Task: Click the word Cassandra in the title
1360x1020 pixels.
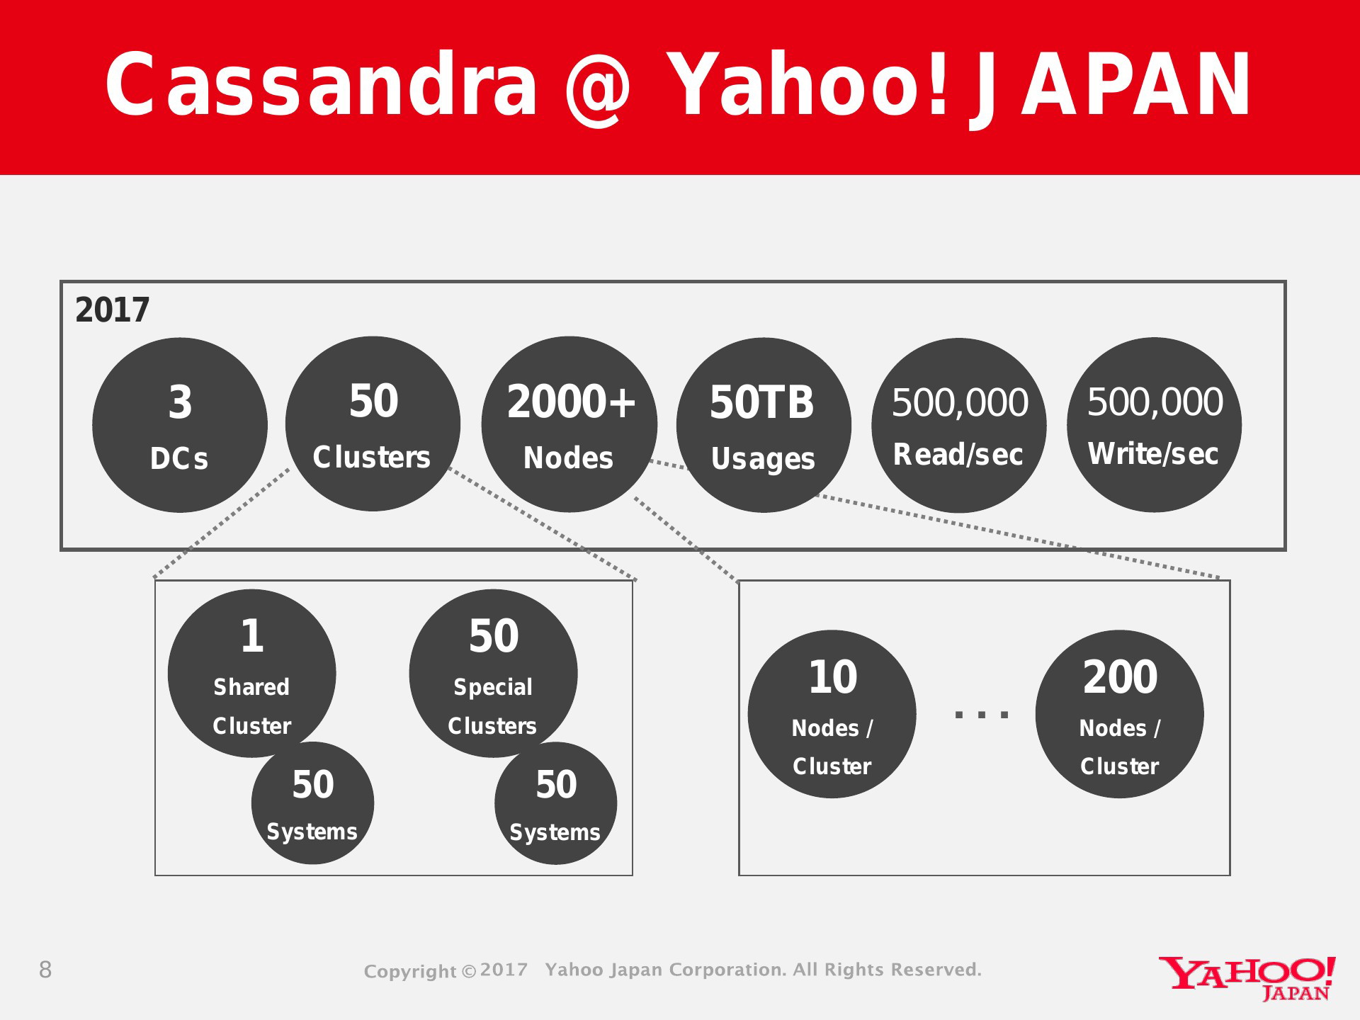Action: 322,85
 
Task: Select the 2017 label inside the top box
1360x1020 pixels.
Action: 112,310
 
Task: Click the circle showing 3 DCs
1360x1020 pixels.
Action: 180,425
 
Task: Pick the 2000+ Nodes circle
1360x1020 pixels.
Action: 569,424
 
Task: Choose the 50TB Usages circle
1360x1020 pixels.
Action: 764,425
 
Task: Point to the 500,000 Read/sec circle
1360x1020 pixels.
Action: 959,426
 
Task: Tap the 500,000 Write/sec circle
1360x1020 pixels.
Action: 1155,425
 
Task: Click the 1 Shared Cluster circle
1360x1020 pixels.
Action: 252,674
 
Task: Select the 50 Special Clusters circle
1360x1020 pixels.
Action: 493,674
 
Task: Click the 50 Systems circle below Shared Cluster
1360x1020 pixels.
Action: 312,803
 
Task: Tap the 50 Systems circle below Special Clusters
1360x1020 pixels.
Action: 555,803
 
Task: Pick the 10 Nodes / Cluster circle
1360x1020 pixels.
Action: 832,714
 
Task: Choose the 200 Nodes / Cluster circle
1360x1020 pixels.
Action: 1120,714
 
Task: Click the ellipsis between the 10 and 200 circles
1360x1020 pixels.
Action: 982,714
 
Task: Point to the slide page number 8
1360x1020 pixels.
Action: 45,970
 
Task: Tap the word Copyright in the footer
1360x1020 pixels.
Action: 410,971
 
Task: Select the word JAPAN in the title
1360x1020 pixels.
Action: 1111,86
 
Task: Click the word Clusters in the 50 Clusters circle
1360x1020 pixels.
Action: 372,458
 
